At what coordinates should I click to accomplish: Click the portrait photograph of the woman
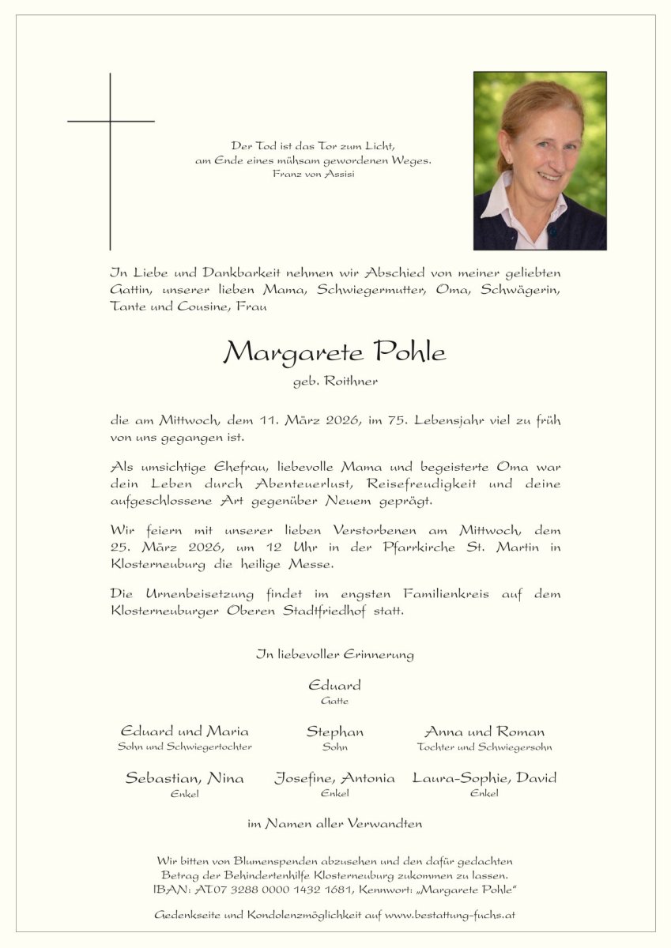(x=540, y=160)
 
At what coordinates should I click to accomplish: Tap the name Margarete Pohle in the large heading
(x=335, y=352)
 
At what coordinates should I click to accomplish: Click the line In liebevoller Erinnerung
(x=335, y=654)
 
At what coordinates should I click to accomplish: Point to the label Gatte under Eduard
(x=335, y=701)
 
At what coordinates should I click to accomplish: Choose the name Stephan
(x=335, y=732)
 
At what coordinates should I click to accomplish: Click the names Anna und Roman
(x=484, y=732)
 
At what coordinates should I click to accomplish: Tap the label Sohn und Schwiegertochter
(x=185, y=747)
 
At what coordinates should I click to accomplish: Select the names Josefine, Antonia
(x=335, y=778)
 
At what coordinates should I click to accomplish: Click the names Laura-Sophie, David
(x=484, y=778)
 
